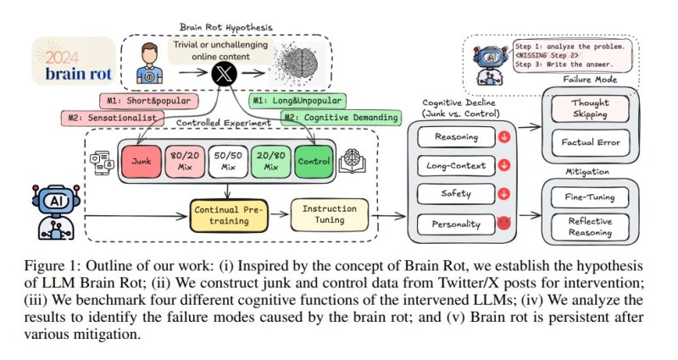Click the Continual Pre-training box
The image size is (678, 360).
[225, 213]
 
